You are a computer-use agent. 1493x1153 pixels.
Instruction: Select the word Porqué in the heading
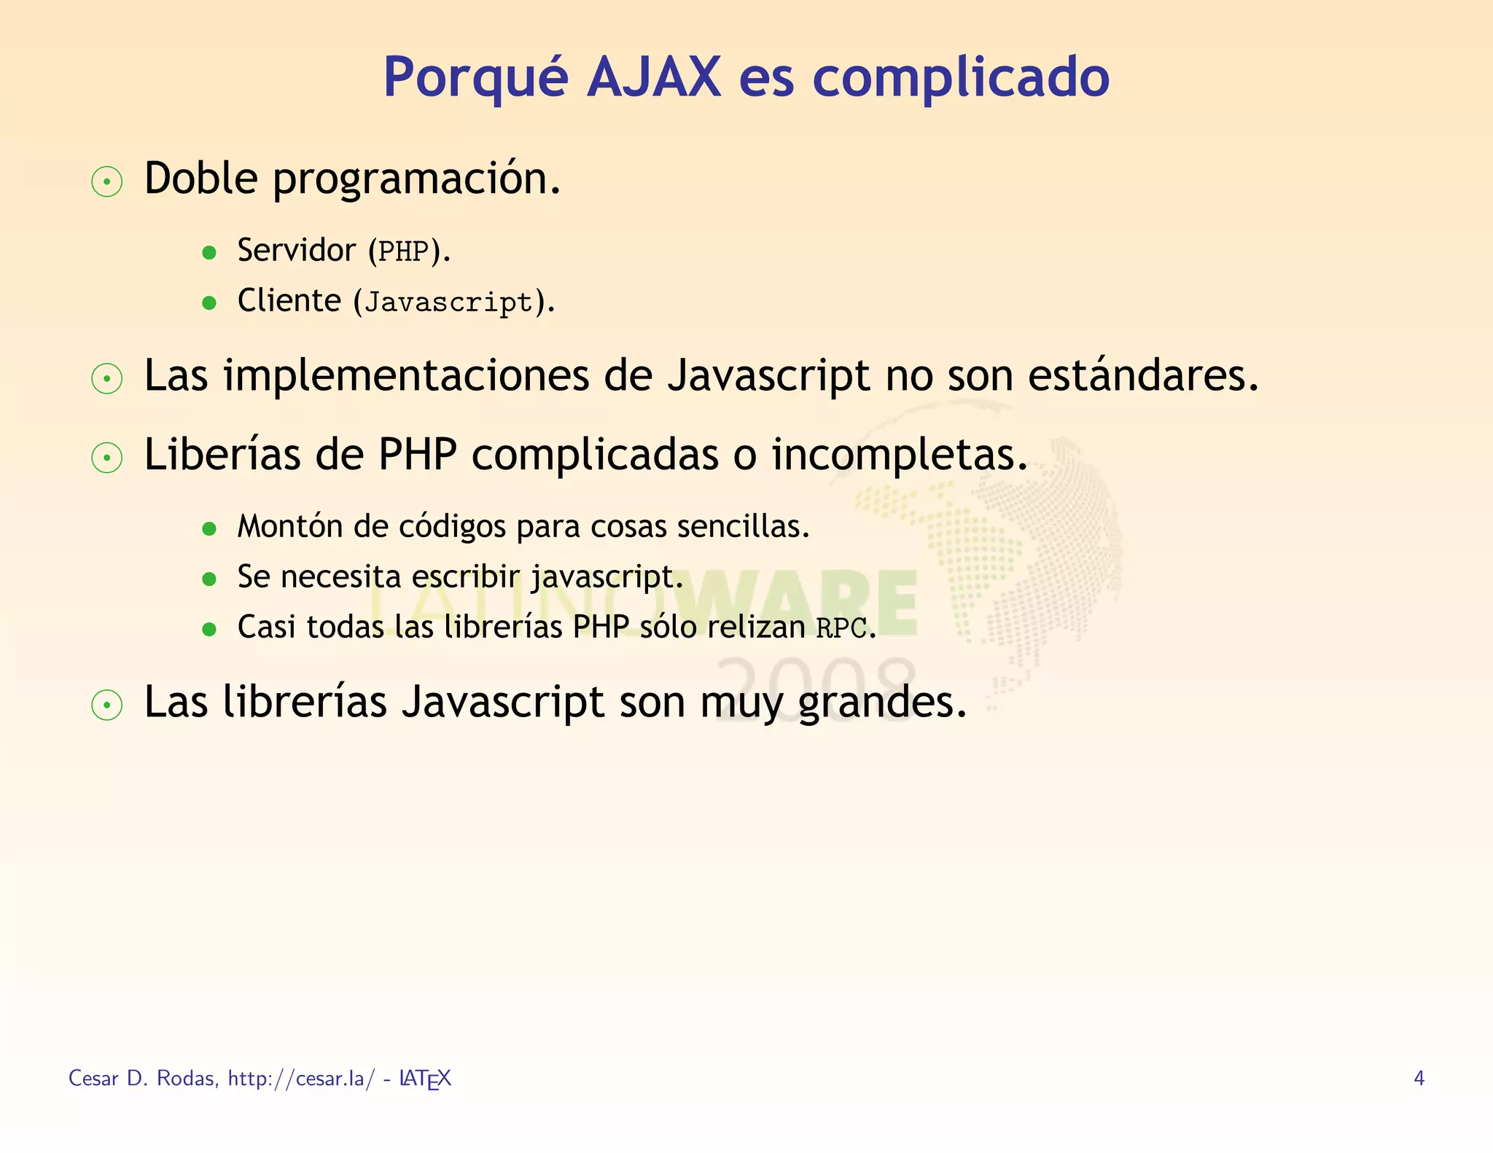pyautogui.click(x=475, y=79)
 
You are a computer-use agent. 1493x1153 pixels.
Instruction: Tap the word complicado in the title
pyautogui.click(x=960, y=79)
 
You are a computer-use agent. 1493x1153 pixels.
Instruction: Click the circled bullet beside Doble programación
pyautogui.click(x=107, y=181)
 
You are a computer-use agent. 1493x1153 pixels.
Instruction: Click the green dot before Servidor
pyautogui.click(x=209, y=253)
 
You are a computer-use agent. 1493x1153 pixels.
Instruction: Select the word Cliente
pyautogui.click(x=289, y=301)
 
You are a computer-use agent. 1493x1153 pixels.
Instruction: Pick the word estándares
pyautogui.click(x=1142, y=376)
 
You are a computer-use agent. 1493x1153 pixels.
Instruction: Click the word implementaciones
pyautogui.click(x=406, y=378)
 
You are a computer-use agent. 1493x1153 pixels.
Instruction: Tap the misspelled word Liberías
pyautogui.click(x=222, y=455)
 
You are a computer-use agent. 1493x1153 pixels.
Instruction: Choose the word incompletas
pyautogui.click(x=899, y=456)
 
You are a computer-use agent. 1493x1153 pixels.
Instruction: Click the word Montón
pyautogui.click(x=290, y=526)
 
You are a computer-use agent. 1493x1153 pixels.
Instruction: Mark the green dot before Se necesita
pyautogui.click(x=209, y=579)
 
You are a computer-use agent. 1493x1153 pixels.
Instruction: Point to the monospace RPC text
pyautogui.click(x=841, y=628)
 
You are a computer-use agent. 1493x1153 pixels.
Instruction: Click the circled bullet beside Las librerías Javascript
pyautogui.click(x=107, y=705)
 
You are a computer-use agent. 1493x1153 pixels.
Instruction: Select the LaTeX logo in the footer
pyautogui.click(x=425, y=1079)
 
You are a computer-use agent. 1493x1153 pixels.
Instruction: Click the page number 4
pyautogui.click(x=1419, y=1078)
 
